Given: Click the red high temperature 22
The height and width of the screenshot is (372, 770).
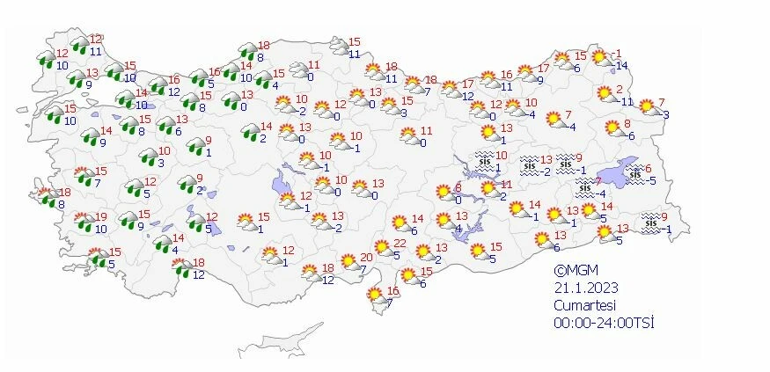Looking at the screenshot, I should tap(399, 244).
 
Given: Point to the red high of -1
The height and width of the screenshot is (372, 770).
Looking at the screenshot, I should tap(618, 54).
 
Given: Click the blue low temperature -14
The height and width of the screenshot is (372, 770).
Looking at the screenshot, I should tap(621, 66).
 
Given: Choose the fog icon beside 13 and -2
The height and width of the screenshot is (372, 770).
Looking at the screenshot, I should tap(530, 164).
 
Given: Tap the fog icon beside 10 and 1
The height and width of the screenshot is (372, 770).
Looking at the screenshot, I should tap(484, 161).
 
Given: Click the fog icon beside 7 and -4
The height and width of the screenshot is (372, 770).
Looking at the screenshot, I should tap(585, 186).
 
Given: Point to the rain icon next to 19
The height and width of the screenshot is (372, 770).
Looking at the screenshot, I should tap(84, 222).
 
